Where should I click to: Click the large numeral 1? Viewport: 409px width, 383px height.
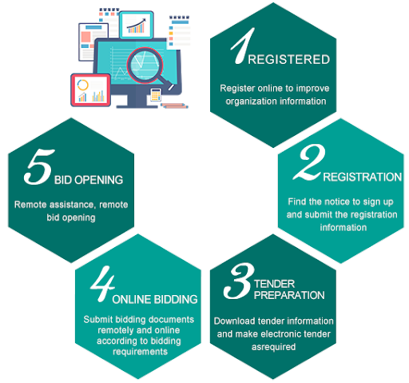point(243,46)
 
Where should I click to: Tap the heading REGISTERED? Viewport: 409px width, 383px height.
point(289,59)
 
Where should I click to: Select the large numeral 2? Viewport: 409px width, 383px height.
point(310,162)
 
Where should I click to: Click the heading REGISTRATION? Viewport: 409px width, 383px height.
point(363,177)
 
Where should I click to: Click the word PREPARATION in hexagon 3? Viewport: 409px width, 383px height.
point(289,295)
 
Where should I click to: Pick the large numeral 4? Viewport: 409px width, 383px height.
point(103,284)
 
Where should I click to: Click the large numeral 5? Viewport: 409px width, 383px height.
point(39,166)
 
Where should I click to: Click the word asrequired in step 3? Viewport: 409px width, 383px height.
point(273,347)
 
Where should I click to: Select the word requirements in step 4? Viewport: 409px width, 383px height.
point(140,352)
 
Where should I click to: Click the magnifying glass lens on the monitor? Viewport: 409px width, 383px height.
point(145,66)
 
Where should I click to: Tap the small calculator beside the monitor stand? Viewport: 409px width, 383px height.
point(156,94)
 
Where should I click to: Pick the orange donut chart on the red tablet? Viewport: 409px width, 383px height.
point(82,85)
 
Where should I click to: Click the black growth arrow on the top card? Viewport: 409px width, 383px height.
point(137,23)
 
